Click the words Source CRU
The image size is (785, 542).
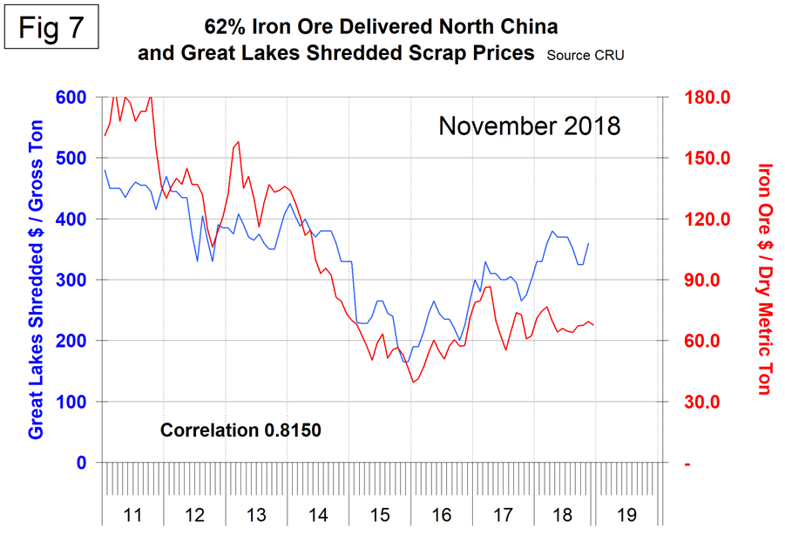585,55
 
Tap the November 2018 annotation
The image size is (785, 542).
529,125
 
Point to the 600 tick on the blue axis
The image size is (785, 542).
71,98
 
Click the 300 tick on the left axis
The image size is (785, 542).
71,281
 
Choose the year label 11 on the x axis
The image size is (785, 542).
132,514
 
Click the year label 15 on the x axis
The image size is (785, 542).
380,514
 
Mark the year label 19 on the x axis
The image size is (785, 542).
626,514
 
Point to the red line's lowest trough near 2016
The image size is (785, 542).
412,382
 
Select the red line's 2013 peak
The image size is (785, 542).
238,142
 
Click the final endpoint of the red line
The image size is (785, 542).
594,325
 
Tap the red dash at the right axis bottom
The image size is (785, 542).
687,464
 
